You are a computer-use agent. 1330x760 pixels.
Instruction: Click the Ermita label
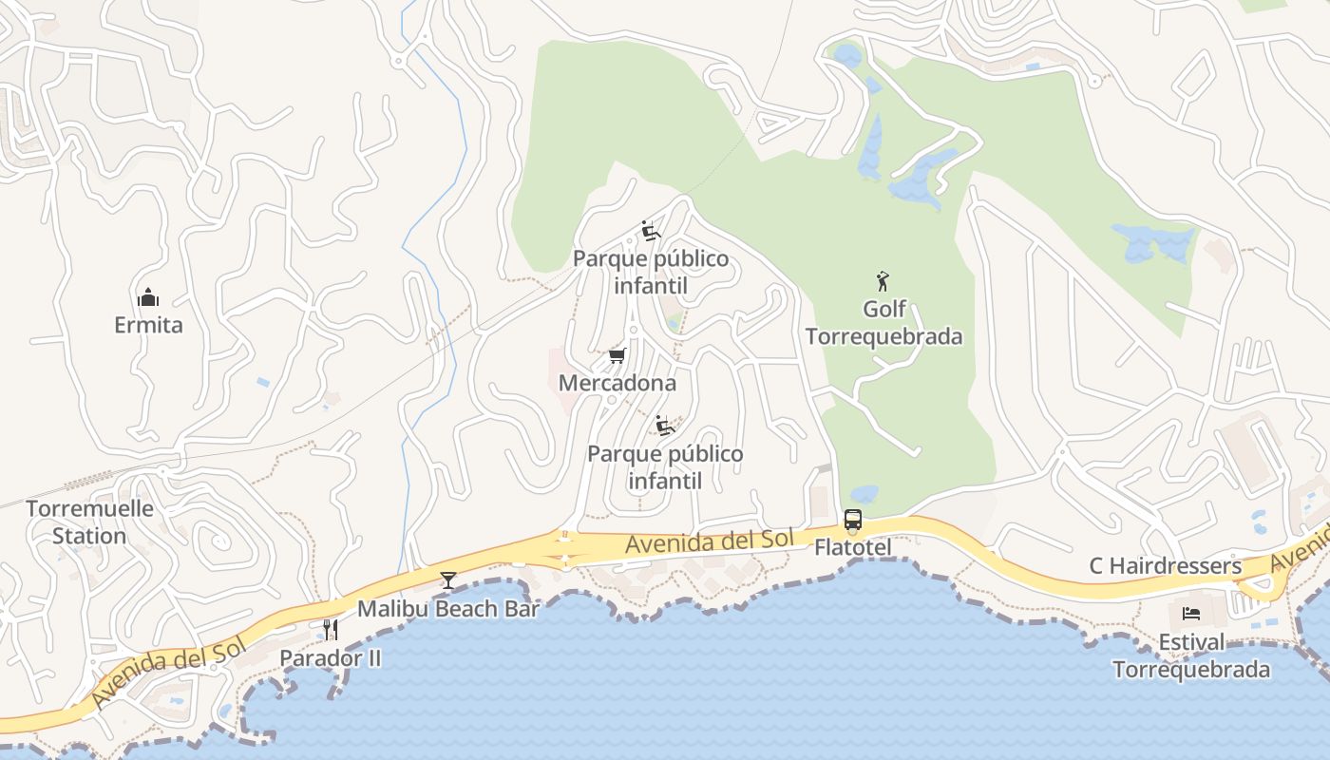[148, 325]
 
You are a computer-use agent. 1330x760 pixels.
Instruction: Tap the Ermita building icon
[148, 298]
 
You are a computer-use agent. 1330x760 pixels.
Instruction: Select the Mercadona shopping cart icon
[617, 356]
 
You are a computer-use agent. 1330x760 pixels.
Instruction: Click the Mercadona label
[617, 383]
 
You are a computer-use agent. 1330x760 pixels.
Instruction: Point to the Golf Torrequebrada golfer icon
[883, 281]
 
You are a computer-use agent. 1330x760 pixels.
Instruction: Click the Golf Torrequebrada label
[884, 323]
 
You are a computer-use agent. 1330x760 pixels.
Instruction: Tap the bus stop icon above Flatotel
[853, 520]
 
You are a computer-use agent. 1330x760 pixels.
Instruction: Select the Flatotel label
[853, 548]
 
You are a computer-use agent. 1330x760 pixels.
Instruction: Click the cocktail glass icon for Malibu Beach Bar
[448, 579]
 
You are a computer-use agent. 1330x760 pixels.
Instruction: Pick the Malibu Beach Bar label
[448, 609]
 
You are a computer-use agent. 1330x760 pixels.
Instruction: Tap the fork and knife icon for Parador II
[331, 629]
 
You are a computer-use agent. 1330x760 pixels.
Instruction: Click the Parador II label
[331, 657]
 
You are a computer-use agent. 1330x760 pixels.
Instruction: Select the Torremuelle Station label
[89, 522]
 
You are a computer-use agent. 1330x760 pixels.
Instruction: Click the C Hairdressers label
[1165, 566]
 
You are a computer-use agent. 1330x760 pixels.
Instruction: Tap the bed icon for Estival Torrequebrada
[1191, 614]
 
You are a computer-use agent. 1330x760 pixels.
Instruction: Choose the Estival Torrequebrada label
[1191, 655]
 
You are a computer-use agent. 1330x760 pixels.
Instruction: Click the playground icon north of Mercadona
[651, 231]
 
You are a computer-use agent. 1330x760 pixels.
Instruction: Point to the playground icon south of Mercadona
[665, 425]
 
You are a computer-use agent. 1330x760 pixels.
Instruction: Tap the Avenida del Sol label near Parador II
[168, 672]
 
